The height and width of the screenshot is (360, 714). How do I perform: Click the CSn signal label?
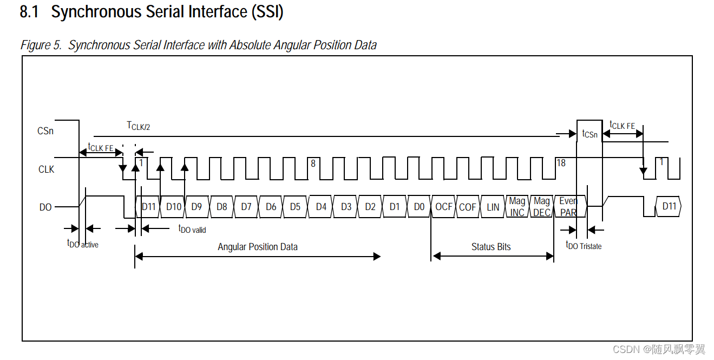(45, 130)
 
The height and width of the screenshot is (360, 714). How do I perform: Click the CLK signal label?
(46, 169)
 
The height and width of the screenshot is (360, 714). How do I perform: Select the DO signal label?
(45, 207)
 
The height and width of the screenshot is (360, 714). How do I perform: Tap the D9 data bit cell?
(196, 207)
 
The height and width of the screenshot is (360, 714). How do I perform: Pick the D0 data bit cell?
(419, 207)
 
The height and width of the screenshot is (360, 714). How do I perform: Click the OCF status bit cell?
(443, 207)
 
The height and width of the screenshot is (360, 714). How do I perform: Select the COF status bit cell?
(468, 207)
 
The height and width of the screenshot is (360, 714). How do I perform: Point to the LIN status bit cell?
(493, 207)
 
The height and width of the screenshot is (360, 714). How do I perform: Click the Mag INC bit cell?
(517, 207)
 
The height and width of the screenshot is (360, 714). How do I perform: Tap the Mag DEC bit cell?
(542, 207)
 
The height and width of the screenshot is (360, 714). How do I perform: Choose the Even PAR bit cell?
(568, 207)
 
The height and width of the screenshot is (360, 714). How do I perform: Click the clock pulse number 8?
(313, 162)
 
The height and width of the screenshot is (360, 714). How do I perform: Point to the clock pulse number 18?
(561, 162)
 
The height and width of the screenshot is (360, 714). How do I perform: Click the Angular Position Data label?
(258, 247)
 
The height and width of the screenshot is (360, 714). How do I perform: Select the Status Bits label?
(491, 247)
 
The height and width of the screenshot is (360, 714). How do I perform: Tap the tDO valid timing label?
(192, 229)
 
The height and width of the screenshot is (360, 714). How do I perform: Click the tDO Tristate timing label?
(584, 245)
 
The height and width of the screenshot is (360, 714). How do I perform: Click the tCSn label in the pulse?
(589, 134)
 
